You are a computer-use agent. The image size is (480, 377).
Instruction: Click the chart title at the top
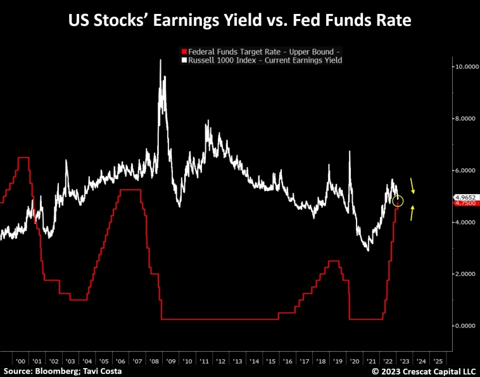(x=240, y=21)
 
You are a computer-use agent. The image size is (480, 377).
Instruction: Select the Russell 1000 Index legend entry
(x=262, y=60)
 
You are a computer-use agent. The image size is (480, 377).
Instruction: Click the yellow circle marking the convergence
(x=398, y=201)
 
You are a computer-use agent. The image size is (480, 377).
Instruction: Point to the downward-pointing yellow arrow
(x=413, y=185)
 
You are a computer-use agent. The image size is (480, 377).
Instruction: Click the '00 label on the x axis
(x=20, y=361)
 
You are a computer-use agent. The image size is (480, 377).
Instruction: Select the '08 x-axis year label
(x=154, y=361)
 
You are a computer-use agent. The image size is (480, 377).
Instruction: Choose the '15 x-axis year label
(x=271, y=361)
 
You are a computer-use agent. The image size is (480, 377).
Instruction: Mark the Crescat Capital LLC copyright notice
(x=422, y=371)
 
